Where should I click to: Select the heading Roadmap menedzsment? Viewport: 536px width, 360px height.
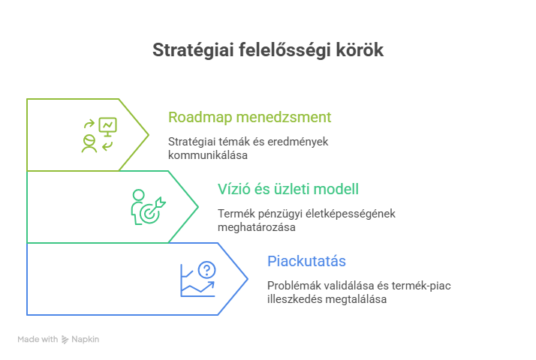click(249, 117)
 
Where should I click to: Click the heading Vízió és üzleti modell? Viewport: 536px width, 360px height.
click(288, 189)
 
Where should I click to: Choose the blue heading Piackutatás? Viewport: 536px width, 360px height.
click(306, 261)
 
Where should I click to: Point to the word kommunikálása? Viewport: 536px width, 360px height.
click(208, 155)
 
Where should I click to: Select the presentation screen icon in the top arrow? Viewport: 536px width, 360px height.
click(108, 127)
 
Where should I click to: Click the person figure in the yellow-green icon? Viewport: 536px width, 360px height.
click(89, 142)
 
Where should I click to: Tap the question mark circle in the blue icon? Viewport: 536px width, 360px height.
click(207, 270)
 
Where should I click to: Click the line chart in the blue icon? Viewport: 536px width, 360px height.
click(197, 286)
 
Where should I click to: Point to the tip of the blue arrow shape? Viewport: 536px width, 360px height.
click(248, 279)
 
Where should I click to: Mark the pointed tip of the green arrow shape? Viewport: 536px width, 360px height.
click(198, 207)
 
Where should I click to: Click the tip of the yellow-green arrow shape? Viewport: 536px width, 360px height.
click(149, 135)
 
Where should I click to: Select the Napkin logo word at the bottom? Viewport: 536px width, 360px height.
click(86, 340)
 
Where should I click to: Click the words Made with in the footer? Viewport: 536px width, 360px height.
click(38, 340)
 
